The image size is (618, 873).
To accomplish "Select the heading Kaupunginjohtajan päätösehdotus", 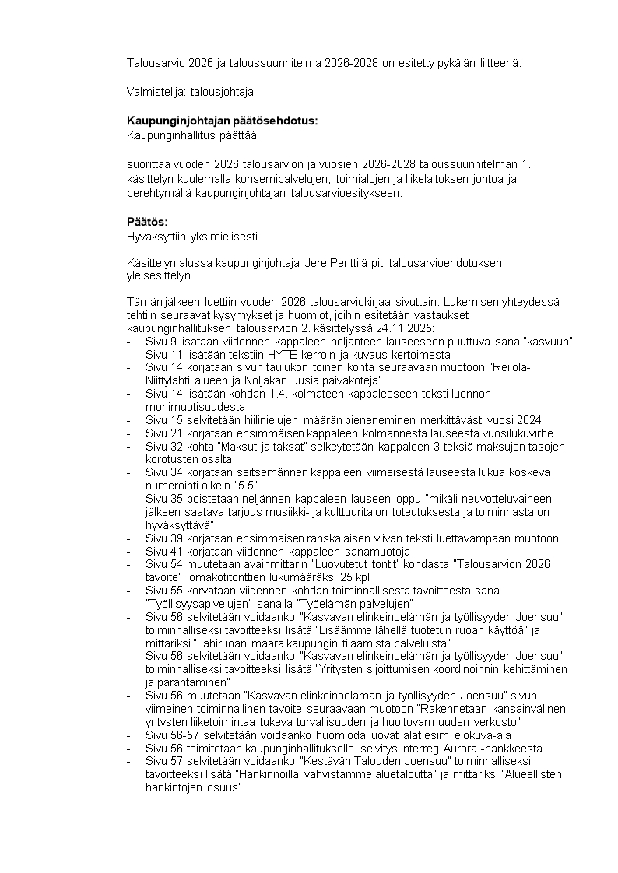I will (x=222, y=121).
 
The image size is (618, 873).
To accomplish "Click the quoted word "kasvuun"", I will (x=548, y=342).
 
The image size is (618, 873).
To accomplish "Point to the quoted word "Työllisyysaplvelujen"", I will (x=195, y=603).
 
